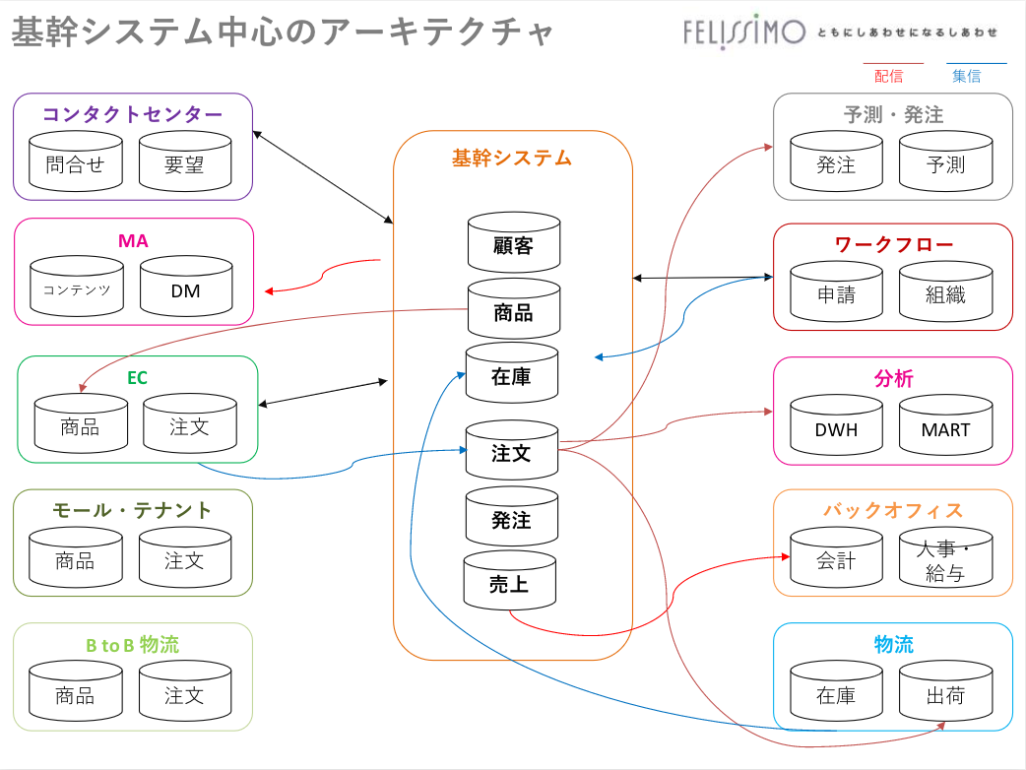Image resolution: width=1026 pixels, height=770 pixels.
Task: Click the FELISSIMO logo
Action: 744,32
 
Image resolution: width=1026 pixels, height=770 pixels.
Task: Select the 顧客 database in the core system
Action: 513,243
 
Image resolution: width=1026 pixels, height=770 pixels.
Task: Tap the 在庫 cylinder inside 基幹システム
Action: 512,374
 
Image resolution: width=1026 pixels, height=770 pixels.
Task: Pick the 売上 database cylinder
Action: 509,583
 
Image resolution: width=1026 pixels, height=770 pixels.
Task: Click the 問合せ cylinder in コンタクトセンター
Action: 75,162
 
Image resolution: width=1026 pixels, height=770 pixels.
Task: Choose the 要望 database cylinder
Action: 184,162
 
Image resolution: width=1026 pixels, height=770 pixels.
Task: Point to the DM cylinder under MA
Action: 186,289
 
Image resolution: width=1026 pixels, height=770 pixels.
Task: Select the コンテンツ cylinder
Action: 76,289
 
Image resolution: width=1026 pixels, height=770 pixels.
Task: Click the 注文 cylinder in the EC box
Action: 189,426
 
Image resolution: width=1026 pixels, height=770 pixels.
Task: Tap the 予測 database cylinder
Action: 946,163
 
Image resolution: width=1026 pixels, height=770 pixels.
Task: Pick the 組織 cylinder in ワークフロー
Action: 946,293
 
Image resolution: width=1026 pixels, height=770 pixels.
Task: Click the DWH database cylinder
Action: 837,428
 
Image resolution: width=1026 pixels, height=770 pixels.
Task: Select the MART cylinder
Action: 946,428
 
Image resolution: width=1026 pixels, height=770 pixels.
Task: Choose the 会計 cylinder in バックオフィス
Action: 837,559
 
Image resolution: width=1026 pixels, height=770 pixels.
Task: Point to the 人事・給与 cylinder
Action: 946,561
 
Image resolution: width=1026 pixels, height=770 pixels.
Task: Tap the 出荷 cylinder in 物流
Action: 946,694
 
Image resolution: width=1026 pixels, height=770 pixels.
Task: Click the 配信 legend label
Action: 889,76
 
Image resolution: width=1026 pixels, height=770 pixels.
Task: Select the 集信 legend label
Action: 966,76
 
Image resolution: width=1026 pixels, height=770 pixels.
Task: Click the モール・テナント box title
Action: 133,510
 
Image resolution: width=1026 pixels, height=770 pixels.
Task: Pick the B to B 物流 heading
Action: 133,645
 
